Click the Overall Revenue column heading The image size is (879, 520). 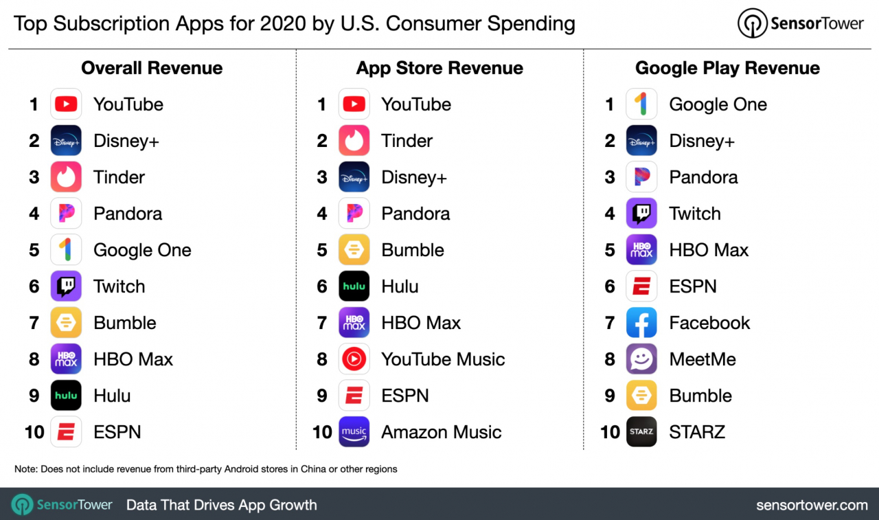point(152,68)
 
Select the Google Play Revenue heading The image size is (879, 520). point(727,68)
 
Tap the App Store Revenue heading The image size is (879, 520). point(439,68)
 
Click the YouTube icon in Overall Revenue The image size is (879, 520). point(66,104)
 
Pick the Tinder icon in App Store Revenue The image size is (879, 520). point(354,141)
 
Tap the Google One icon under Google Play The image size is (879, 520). point(641,104)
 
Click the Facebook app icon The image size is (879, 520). point(641,323)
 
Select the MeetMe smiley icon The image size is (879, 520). point(641,359)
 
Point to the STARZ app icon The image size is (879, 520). point(641,432)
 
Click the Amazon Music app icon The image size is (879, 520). point(354,432)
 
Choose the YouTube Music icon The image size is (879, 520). point(354,359)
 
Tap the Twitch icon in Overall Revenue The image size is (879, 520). point(66,286)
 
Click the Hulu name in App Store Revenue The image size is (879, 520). point(400,286)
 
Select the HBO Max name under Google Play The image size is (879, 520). point(709,250)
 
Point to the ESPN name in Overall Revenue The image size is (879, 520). point(117,432)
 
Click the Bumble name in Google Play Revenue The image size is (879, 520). point(700,396)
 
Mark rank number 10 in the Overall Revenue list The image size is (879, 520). point(34,432)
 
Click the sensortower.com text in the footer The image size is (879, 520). point(812,505)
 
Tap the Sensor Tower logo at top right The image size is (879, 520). point(801,23)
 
